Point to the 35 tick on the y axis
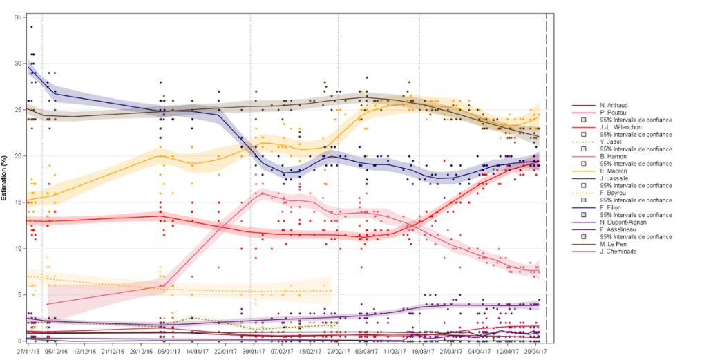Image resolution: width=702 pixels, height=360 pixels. click(x=17, y=16)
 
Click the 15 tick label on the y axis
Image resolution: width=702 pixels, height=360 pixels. click(x=17, y=202)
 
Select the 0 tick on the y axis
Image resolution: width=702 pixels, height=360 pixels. click(x=19, y=341)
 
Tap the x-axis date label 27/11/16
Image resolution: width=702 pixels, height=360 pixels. click(x=28, y=351)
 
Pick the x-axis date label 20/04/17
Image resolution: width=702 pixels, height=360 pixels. click(x=535, y=351)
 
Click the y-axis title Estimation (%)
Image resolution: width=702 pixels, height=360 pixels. click(x=5, y=178)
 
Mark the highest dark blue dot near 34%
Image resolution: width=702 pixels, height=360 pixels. click(x=32, y=27)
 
